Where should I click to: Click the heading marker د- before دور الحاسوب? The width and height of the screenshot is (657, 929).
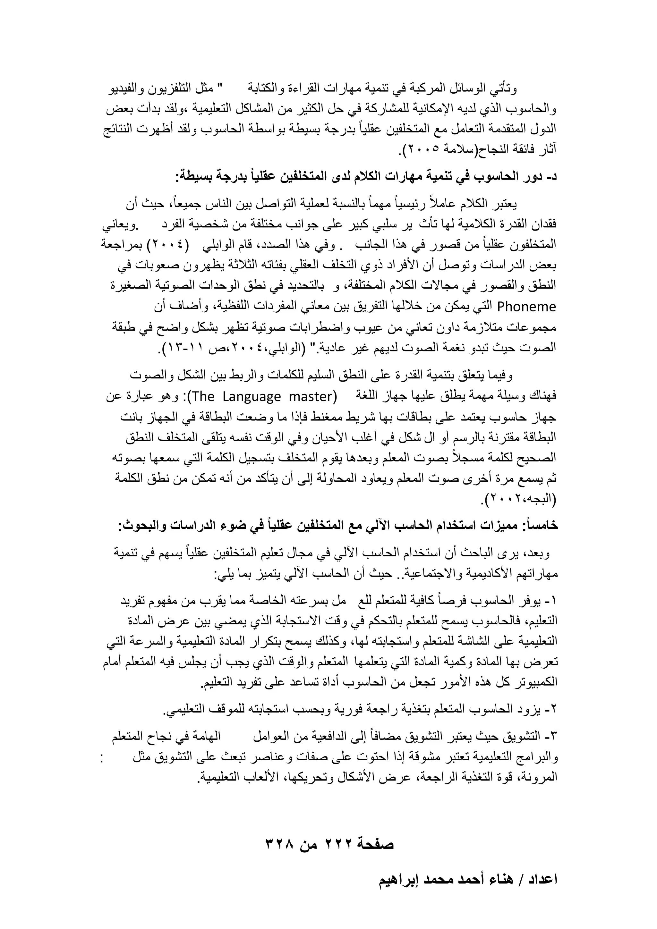pyautogui.click(x=551, y=177)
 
